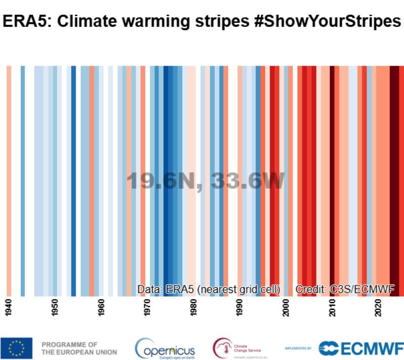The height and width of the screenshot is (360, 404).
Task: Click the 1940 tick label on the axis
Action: pos(9,309)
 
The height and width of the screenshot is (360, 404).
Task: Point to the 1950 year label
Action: pos(55,309)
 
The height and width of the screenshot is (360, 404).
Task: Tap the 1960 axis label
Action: pos(101,309)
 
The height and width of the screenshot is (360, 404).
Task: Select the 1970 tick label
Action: pos(147,309)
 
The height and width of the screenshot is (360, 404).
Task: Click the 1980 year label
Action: pos(193,309)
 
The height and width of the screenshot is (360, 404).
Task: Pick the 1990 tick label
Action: pos(239,309)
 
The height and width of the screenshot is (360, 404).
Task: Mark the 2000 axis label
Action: pos(286,309)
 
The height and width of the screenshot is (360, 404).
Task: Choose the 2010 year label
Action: pos(332,309)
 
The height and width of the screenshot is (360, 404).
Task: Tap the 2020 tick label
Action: pos(378,309)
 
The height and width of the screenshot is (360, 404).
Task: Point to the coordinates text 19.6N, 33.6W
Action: pos(206,181)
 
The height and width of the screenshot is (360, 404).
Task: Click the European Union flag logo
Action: pos(17,348)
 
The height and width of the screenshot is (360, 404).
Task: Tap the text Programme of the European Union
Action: pos(79,348)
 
